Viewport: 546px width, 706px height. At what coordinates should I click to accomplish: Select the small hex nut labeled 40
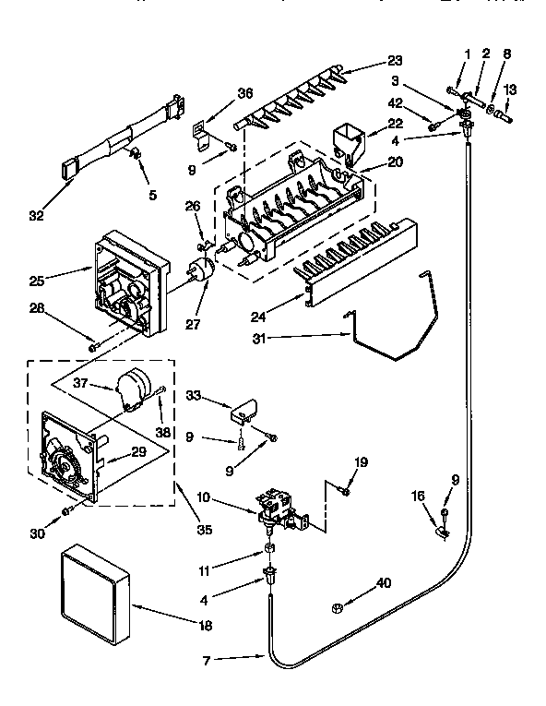point(338,607)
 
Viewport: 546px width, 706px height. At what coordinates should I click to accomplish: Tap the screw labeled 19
point(343,492)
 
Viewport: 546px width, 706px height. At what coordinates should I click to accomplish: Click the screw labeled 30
point(66,510)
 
